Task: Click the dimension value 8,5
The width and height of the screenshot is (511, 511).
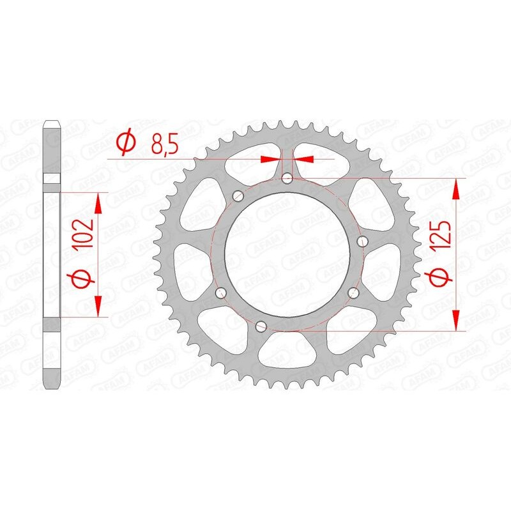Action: click(164, 146)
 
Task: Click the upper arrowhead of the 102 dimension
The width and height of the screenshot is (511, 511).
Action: click(98, 203)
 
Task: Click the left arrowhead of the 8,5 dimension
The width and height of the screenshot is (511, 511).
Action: click(273, 158)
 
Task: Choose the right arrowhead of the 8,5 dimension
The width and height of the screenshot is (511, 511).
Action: click(302, 158)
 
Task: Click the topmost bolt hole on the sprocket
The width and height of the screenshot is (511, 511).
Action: click(287, 178)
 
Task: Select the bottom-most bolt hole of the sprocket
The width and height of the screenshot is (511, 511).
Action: click(260, 326)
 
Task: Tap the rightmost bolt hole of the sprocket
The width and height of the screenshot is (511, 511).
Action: click(363, 241)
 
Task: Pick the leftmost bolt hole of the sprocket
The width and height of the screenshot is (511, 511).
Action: click(221, 293)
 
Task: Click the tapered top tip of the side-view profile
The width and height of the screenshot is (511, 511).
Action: click(52, 123)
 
